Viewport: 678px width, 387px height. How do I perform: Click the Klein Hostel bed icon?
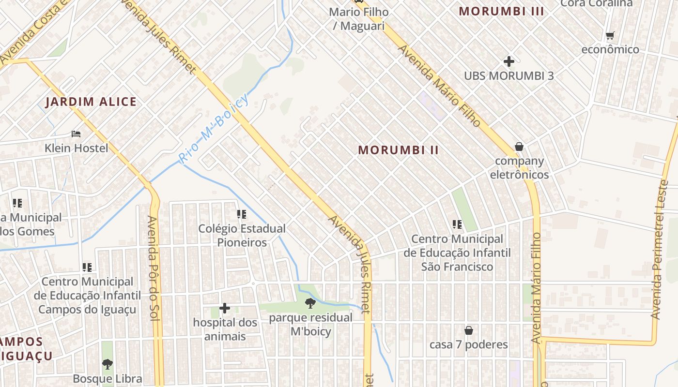pyautogui.click(x=76, y=134)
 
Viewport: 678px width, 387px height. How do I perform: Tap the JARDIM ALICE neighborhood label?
pyautogui.click(x=91, y=102)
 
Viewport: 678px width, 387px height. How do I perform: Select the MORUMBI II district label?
pyautogui.click(x=399, y=150)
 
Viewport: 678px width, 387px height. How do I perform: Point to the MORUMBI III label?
pyautogui.click(x=501, y=11)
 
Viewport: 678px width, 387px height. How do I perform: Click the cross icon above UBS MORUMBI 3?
pyautogui.click(x=508, y=61)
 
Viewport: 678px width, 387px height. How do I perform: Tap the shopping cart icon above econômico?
pyautogui.click(x=610, y=35)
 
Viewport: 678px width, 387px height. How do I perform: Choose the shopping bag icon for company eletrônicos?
pyautogui.click(x=519, y=146)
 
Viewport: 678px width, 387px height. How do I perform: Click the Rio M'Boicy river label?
pyautogui.click(x=214, y=128)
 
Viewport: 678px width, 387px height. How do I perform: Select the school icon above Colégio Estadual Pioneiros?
pyautogui.click(x=241, y=214)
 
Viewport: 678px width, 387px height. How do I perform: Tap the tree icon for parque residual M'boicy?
pyautogui.click(x=310, y=303)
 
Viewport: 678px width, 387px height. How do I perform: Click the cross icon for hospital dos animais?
pyautogui.click(x=225, y=308)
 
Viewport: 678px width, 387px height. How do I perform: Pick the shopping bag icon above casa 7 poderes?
pyautogui.click(x=468, y=330)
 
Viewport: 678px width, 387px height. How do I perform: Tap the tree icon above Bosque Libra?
pyautogui.click(x=108, y=364)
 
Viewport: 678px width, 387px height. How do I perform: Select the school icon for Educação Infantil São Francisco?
pyautogui.click(x=457, y=224)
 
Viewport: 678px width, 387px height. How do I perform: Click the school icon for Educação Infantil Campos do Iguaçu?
pyautogui.click(x=87, y=267)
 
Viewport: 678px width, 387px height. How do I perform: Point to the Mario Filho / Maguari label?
pyautogui.click(x=358, y=18)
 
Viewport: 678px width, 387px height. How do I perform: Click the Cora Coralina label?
pyautogui.click(x=597, y=3)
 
